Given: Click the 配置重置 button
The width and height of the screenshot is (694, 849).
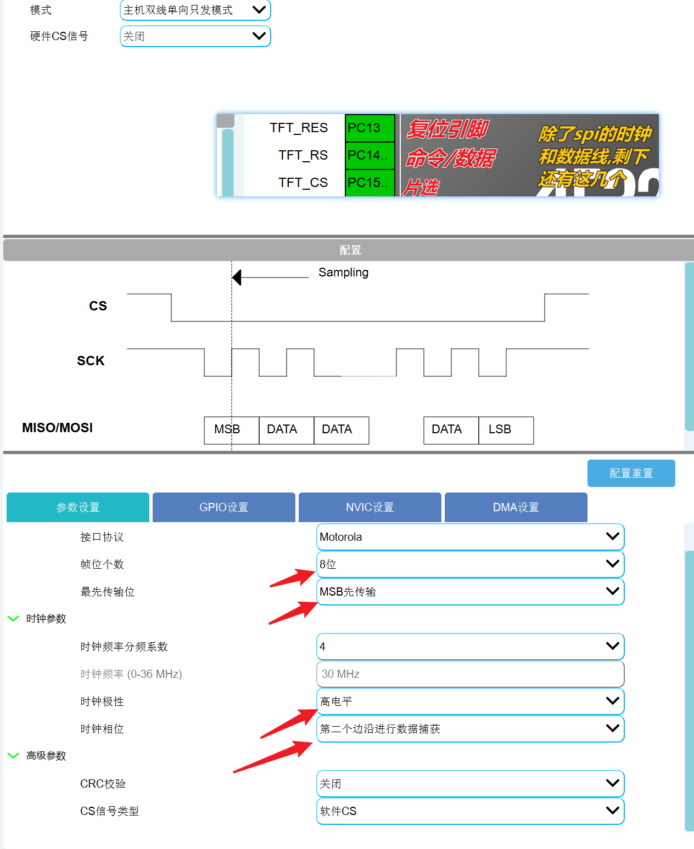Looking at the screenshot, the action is pos(631,473).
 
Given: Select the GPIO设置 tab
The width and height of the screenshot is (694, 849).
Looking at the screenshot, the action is pos(223,507).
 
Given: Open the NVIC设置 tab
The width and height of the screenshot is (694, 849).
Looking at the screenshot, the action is pos(370,507).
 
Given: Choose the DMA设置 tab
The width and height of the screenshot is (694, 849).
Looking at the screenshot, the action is pos(516,507).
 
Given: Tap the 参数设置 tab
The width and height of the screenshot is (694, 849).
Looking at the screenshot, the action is pos(78,507).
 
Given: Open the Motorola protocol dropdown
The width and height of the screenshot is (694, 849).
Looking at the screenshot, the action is pos(470,537).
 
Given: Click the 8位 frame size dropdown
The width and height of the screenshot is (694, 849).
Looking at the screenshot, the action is pos(470,564).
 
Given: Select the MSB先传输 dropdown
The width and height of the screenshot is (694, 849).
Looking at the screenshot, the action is pos(470,592).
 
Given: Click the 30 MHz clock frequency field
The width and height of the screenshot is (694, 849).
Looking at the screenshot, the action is pos(470,674).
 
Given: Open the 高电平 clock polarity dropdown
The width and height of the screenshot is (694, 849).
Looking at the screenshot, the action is pos(470,701).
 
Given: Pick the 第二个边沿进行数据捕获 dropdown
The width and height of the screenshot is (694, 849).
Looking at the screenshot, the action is pos(470,729).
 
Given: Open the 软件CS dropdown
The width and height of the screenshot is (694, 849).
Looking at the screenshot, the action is pos(470,811).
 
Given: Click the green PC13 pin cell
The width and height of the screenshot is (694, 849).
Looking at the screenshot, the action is pos(370,128).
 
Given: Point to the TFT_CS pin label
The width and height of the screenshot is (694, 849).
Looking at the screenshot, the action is pos(303,183).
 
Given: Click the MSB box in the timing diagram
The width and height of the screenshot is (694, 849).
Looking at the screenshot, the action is pos(227,429).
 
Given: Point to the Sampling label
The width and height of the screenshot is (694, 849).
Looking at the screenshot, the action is pos(343,273).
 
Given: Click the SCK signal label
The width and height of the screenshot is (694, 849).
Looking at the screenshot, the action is pos(91,361).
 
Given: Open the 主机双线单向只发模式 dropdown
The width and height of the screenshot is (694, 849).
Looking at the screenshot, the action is pos(195,10).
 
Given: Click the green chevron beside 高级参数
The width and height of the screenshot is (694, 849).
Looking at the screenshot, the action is pos(13,756).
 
